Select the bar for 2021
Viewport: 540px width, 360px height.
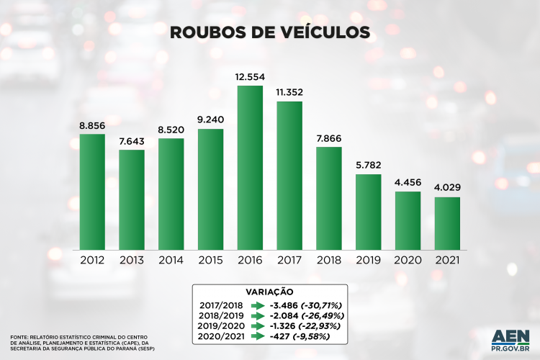(447, 222)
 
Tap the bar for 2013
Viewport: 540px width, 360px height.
(132, 199)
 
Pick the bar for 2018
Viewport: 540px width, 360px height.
(328, 197)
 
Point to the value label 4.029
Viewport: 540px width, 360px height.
(447, 188)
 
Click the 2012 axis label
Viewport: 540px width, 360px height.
(92, 260)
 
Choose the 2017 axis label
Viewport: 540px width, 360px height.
(289, 260)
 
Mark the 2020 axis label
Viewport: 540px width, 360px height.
(408, 260)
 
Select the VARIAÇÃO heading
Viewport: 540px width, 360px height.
(269, 292)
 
